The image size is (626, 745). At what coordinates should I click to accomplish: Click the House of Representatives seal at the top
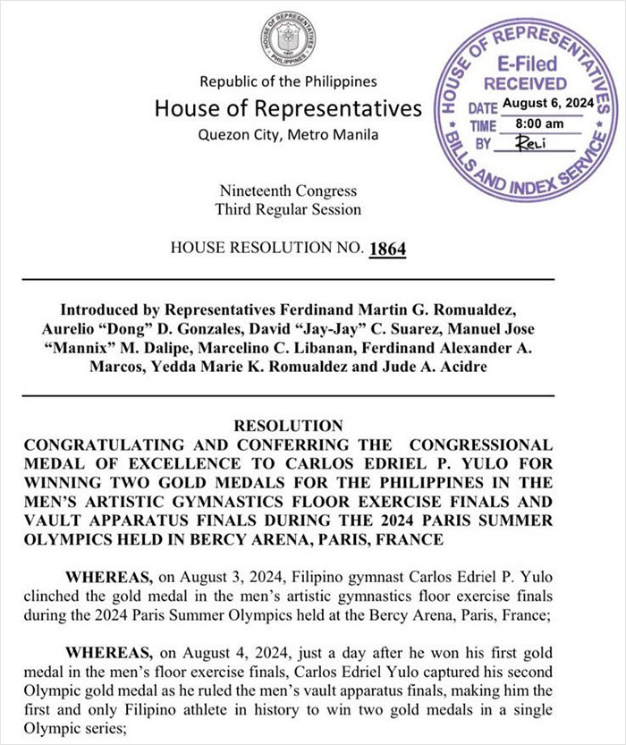coord(287,38)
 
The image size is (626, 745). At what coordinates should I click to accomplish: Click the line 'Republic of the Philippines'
coord(288,82)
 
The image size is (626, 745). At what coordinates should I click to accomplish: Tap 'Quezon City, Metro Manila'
coord(288,135)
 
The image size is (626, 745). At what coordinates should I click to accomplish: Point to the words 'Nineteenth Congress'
coord(288,190)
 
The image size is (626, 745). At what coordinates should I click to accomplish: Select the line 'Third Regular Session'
coord(288,209)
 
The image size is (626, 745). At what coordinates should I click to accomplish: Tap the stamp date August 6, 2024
coord(548,104)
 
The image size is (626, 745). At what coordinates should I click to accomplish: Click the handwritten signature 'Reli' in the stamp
coord(532,141)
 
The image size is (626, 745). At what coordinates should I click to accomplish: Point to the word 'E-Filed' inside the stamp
coord(527,63)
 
